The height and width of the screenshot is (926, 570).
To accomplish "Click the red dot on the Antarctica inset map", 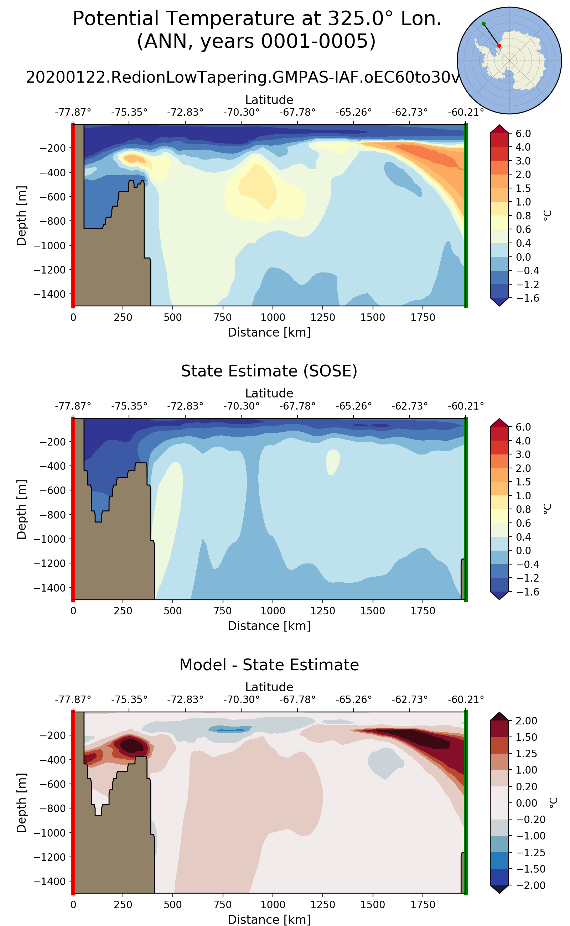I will (x=499, y=46).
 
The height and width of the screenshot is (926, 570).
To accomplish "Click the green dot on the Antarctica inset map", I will (x=484, y=24).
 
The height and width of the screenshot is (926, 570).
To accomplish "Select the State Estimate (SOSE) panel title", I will (x=269, y=371).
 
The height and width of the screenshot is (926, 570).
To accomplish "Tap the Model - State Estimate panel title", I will (x=269, y=665).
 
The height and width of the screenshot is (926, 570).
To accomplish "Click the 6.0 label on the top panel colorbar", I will (x=523, y=134).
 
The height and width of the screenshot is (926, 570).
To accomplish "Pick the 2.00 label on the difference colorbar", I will (x=526, y=720).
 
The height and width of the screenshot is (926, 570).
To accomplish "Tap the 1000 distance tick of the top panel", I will (x=273, y=317).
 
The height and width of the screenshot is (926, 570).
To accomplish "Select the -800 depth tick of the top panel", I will (x=50, y=221).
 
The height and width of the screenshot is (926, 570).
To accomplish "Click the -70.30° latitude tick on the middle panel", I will (x=241, y=406).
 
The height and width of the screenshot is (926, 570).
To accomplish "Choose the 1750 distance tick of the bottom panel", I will (x=423, y=905).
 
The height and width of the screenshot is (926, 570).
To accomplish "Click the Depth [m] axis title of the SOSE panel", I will (x=21, y=509).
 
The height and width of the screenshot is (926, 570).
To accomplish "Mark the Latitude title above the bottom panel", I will (x=269, y=687).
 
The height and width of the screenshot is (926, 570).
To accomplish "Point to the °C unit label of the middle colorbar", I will (x=548, y=509).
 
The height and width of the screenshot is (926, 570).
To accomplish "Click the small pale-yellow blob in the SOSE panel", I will (x=332, y=461).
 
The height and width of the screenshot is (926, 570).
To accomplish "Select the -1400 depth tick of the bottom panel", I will (x=50, y=881).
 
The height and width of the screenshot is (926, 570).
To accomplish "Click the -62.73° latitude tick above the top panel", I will (x=409, y=112).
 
